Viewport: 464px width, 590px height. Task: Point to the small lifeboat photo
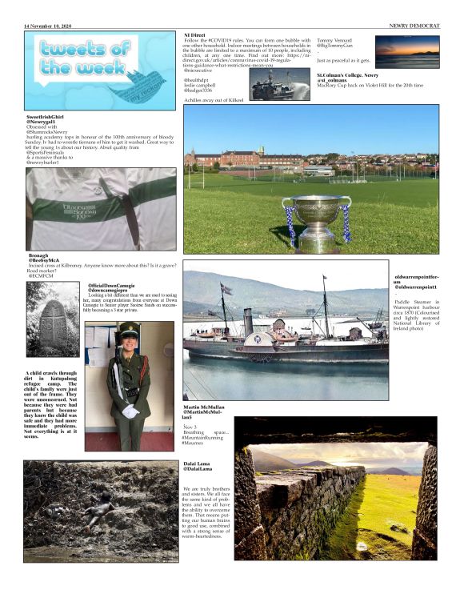[x=279, y=84]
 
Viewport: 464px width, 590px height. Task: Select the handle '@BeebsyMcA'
[x=45, y=261]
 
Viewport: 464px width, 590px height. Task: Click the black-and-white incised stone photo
[x=53, y=319]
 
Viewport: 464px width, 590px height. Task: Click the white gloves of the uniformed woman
[x=129, y=411]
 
